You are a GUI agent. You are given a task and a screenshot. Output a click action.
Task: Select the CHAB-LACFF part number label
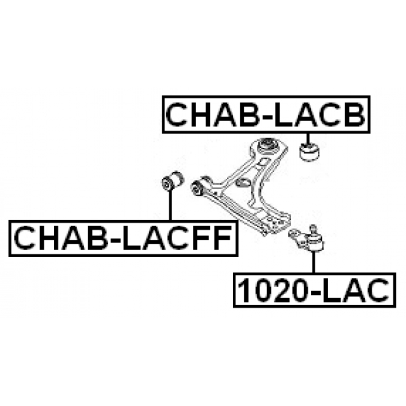[121, 238]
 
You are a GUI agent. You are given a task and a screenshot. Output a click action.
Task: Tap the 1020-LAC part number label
[313, 290]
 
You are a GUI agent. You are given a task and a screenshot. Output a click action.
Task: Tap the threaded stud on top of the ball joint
[313, 228]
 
